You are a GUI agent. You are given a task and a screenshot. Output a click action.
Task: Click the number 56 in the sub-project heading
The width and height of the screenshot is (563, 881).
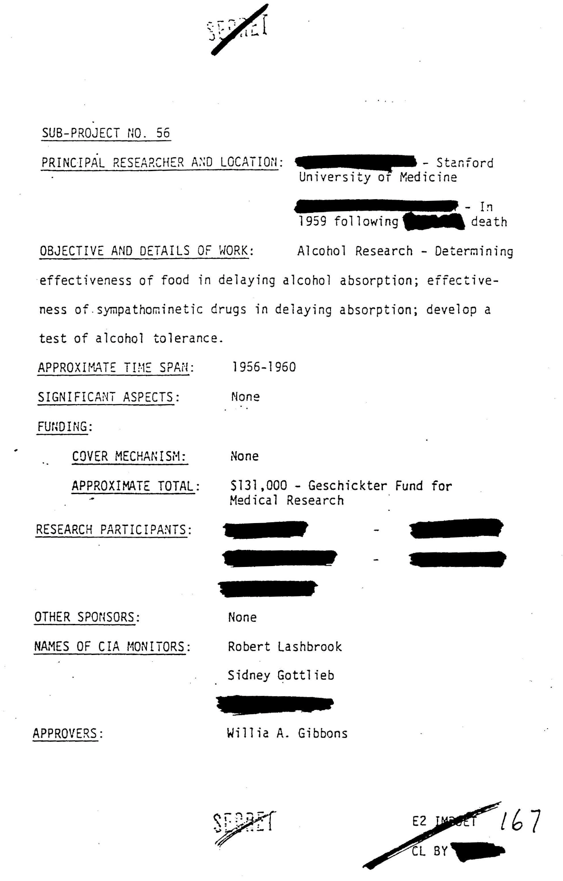coord(163,133)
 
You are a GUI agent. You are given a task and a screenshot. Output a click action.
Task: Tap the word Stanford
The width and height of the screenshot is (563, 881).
coord(465,163)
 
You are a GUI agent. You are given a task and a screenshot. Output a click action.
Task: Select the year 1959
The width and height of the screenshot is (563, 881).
coord(312,221)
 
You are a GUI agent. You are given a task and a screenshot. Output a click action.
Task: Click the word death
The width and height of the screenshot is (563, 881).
coord(489,222)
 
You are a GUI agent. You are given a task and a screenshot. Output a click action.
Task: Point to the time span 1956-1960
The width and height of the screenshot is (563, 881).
coord(264,367)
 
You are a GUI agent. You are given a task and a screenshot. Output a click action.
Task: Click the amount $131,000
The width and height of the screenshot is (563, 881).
coord(258,486)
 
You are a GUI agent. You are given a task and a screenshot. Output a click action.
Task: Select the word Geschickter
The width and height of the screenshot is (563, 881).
coord(348,486)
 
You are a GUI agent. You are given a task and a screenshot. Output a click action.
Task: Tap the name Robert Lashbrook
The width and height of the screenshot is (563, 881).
coord(284,647)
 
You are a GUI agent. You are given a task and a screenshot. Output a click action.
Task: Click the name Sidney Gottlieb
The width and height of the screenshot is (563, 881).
coord(281,675)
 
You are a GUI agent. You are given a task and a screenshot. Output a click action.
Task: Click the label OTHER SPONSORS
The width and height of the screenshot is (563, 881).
coord(86,617)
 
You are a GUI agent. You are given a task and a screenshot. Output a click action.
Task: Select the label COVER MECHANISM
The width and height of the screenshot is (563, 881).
coord(129,456)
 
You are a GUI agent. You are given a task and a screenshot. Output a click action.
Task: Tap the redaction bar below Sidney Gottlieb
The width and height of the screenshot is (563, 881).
coord(274,704)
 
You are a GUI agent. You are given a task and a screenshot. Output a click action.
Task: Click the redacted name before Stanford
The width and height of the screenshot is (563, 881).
coord(356,162)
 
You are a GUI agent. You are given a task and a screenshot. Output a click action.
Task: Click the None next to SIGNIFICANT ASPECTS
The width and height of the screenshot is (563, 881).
coord(245,397)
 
